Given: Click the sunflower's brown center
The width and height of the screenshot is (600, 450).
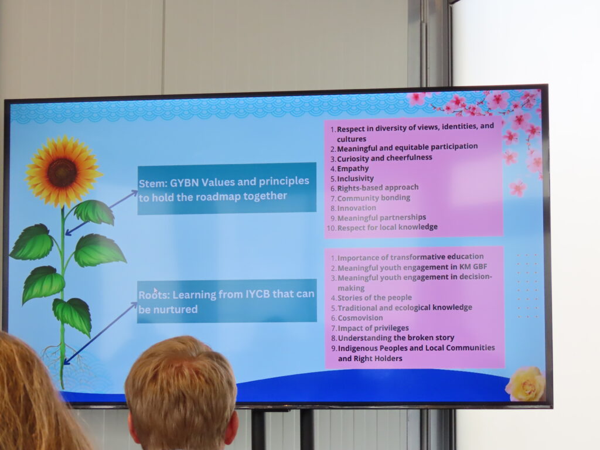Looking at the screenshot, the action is tap(62, 173).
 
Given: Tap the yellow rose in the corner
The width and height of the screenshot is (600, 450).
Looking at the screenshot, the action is tap(526, 384).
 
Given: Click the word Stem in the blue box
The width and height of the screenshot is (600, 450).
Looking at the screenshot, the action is tap(153, 183).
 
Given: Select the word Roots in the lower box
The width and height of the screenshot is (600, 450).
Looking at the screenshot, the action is tap(153, 295).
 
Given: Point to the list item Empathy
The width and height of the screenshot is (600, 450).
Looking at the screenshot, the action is tap(353, 168).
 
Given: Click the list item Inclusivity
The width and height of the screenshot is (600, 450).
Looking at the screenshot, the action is tap(355, 178).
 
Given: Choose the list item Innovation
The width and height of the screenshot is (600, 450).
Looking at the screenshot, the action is tap(357, 208).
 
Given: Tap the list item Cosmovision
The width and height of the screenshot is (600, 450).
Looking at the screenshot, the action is tap(360, 318).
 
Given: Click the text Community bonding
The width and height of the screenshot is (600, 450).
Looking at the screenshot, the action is tap(373, 198).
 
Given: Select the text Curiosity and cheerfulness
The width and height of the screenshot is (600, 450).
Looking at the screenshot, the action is tap(384, 158).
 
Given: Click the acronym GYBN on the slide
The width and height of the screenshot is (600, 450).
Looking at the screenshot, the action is tap(185, 183).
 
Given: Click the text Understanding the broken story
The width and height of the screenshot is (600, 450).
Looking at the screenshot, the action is tap(396, 338).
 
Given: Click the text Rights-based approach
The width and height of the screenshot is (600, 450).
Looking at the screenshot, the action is tap(378, 188).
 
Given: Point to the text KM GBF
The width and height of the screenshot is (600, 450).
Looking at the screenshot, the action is tap(473, 267).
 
